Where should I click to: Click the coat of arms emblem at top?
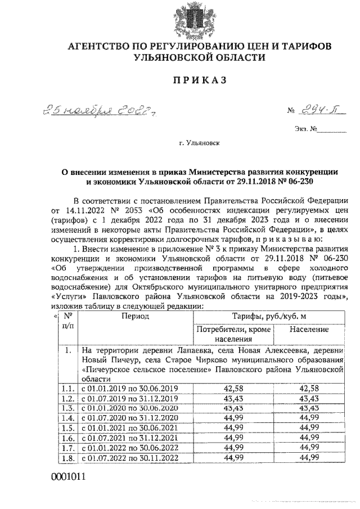tap(179, 19)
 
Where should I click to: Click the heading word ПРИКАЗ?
tap(179, 80)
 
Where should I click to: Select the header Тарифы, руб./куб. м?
tap(268, 316)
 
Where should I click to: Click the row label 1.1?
tap(68, 389)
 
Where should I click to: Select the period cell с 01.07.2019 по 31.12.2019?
tap(130, 398)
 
